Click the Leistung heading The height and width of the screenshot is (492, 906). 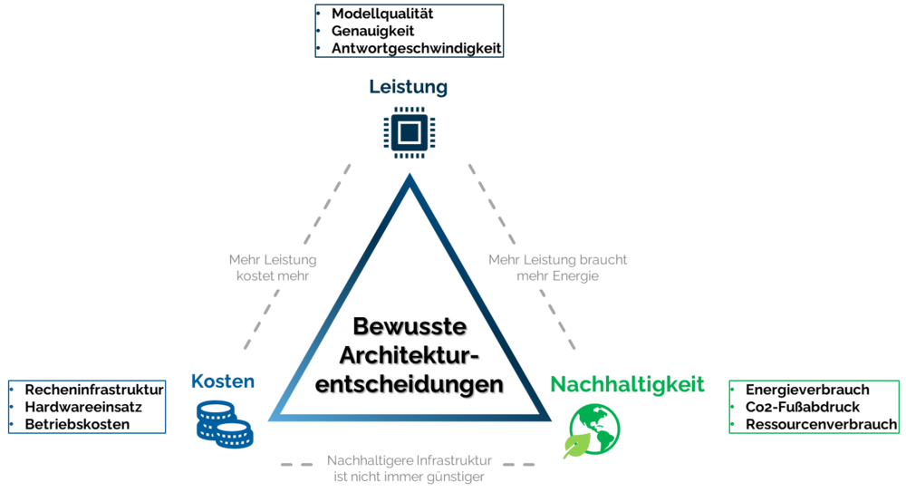tap(408, 87)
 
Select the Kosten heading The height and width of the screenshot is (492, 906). tap(222, 381)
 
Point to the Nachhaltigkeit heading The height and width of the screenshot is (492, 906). tap(627, 383)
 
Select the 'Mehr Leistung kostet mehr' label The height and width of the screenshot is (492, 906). tap(273, 267)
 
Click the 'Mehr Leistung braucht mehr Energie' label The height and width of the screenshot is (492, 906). tap(557, 267)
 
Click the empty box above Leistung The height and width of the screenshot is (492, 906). tap(409, 31)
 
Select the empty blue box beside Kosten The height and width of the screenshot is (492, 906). tap(87, 407)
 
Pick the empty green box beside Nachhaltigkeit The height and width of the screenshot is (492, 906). tap(814, 407)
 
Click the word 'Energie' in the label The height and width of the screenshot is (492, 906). tap(576, 275)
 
